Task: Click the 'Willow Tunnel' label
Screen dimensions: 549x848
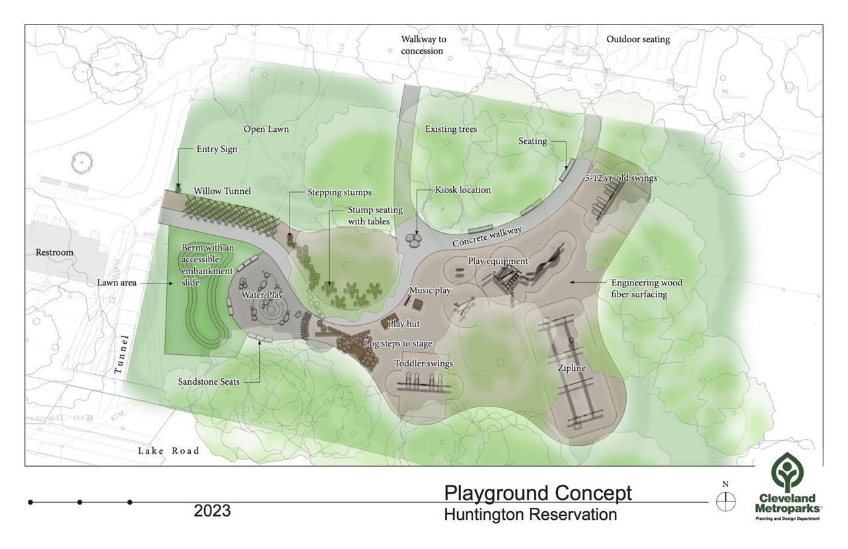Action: coord(222,191)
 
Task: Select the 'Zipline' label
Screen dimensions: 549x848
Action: coord(570,368)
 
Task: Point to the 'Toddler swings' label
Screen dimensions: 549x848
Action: coord(423,364)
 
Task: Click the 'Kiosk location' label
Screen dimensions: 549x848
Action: coord(462,190)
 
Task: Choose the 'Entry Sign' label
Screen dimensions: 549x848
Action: coord(217,149)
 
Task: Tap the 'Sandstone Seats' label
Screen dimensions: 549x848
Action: coord(209,382)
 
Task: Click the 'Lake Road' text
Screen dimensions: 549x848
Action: coord(168,451)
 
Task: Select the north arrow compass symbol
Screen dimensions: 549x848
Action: coord(726,501)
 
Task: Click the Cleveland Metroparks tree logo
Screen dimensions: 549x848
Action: coord(788,474)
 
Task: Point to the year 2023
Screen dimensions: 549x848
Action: coord(212,511)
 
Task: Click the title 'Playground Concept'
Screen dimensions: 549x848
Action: coord(537,493)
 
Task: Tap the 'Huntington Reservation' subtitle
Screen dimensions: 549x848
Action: coord(530,515)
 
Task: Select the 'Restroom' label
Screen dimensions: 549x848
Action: coord(55,252)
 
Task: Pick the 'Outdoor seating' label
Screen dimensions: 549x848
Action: coord(638,40)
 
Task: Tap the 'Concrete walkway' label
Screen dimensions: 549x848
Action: coord(487,236)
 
